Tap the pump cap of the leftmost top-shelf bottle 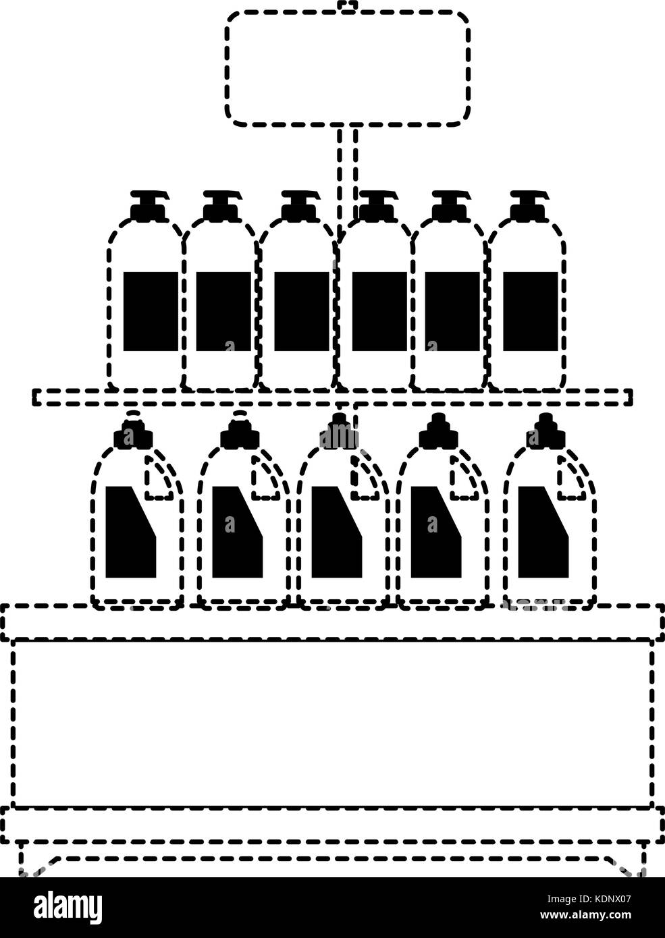point(150,206)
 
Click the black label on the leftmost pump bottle point(151,311)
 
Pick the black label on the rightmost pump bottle point(531,311)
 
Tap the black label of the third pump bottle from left point(302,311)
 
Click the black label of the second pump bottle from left point(223,311)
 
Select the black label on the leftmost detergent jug point(131,532)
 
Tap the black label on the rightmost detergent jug point(543,532)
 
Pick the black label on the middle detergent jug point(336,532)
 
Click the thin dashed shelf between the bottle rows point(333,397)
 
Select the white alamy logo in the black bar point(68,904)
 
